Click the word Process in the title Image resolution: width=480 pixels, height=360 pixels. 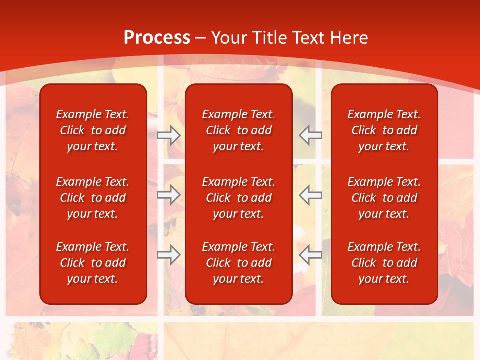(157, 38)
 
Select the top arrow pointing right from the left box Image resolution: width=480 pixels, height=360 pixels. (169, 135)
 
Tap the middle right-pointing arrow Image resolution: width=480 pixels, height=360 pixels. (169, 195)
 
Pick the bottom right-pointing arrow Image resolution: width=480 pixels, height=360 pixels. (169, 255)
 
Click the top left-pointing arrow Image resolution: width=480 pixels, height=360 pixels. (311, 135)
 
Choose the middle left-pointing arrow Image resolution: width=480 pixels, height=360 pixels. (311, 195)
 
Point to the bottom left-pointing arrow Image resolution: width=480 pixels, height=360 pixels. (311, 255)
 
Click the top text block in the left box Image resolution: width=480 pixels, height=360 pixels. (93, 130)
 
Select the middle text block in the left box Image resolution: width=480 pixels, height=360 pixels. (93, 198)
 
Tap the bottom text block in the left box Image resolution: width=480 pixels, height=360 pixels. (93, 263)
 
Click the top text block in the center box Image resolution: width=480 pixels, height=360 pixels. (238, 130)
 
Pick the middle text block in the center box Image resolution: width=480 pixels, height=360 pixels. (238, 198)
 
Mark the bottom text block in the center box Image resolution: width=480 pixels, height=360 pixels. (238, 263)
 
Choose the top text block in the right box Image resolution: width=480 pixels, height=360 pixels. (384, 130)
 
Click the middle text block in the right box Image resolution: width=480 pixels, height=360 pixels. (384, 198)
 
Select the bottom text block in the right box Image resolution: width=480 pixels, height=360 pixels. (384, 263)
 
